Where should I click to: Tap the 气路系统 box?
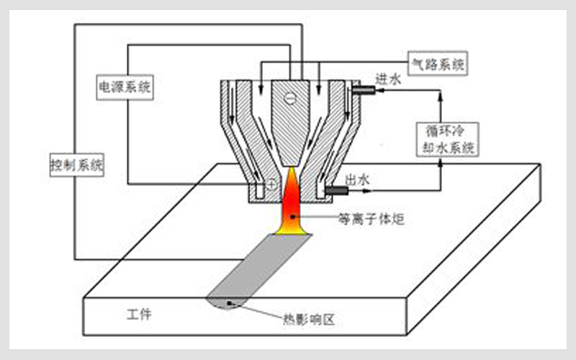(x=437, y=63)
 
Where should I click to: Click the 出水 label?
(x=358, y=180)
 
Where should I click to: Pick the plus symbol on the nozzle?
(x=271, y=184)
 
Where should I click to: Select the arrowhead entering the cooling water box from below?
(x=441, y=164)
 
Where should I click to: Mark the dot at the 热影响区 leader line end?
(x=230, y=304)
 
